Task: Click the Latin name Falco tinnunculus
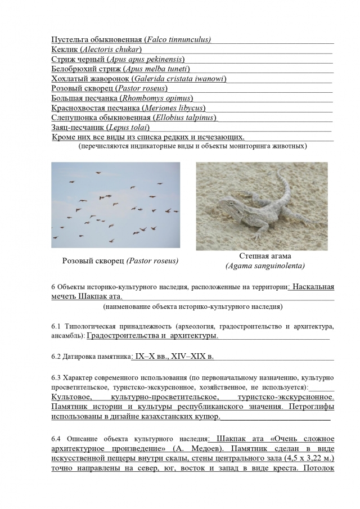pyautogui.click(x=178, y=39)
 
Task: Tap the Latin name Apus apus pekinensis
pyautogui.click(x=146, y=59)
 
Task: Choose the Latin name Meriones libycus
pyautogui.click(x=173, y=108)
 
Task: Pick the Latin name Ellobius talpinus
pyautogui.click(x=183, y=118)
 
